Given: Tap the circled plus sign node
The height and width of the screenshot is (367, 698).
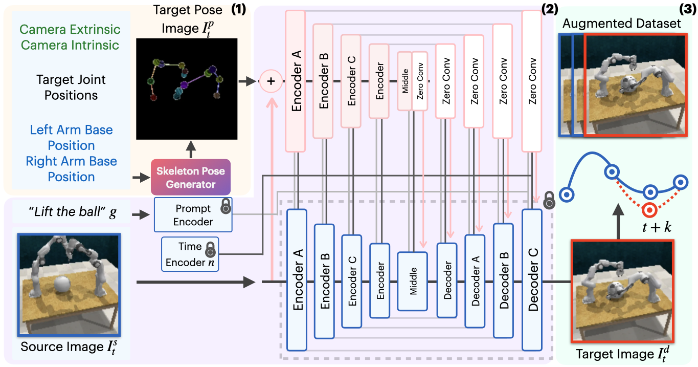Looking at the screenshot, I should click(271, 82).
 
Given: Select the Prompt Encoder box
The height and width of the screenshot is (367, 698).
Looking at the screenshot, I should click(193, 215).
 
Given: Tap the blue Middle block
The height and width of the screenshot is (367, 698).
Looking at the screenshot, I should click(412, 281).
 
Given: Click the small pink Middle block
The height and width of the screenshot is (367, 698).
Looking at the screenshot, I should click(404, 81).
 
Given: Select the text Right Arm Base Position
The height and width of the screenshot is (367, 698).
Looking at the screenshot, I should click(72, 169).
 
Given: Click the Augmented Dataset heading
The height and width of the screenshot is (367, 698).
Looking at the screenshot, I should click(622, 24).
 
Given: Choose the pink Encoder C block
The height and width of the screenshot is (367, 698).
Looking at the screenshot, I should click(351, 81).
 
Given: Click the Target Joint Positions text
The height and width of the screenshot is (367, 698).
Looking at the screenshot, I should click(71, 88).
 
